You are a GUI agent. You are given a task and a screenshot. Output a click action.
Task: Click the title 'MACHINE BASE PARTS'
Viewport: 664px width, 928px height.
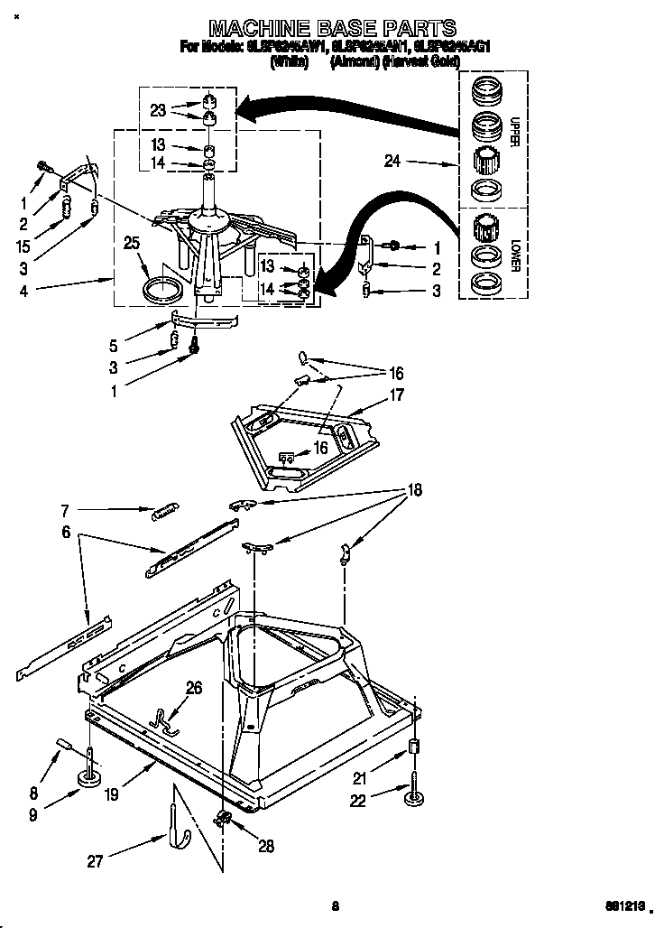pos(333,27)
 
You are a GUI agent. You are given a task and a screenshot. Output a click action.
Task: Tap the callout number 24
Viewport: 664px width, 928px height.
pos(392,162)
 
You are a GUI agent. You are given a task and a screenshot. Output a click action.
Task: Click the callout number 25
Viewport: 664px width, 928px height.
pos(131,244)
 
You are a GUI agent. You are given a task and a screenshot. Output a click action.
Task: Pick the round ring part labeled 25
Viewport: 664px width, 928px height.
pos(163,291)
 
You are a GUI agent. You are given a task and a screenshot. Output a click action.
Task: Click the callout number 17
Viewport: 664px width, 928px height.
pos(396,394)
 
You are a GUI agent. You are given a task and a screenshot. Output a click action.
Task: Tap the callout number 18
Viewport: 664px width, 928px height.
pos(414,490)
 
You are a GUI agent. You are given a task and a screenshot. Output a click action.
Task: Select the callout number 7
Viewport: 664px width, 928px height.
pos(64,510)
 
